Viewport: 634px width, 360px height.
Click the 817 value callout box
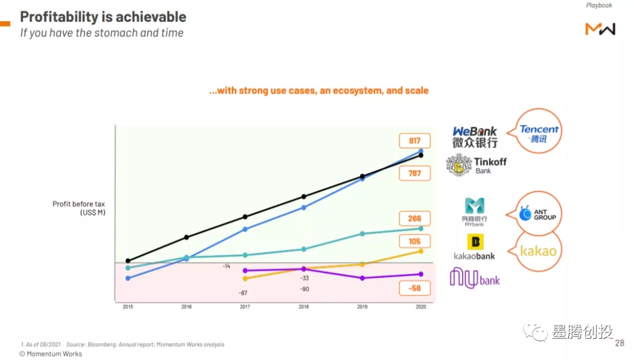(x=414, y=141)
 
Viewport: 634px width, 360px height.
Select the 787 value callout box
(x=414, y=173)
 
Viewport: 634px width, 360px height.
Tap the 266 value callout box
(x=414, y=218)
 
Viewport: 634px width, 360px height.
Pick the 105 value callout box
(x=414, y=241)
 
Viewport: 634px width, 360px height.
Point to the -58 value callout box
(x=414, y=288)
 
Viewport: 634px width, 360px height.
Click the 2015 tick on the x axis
(x=127, y=307)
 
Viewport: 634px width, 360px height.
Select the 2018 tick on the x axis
(x=303, y=307)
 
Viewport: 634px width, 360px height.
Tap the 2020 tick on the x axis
(x=420, y=307)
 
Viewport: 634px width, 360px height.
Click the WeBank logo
(x=474, y=137)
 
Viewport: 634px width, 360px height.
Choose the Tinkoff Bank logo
(x=476, y=165)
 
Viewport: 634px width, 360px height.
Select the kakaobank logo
(x=474, y=247)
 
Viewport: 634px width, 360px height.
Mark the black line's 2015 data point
(x=128, y=261)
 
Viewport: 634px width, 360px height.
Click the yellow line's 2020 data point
(x=420, y=251)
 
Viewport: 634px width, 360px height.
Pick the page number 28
(x=620, y=343)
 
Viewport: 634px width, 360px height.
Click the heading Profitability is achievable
(x=103, y=16)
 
